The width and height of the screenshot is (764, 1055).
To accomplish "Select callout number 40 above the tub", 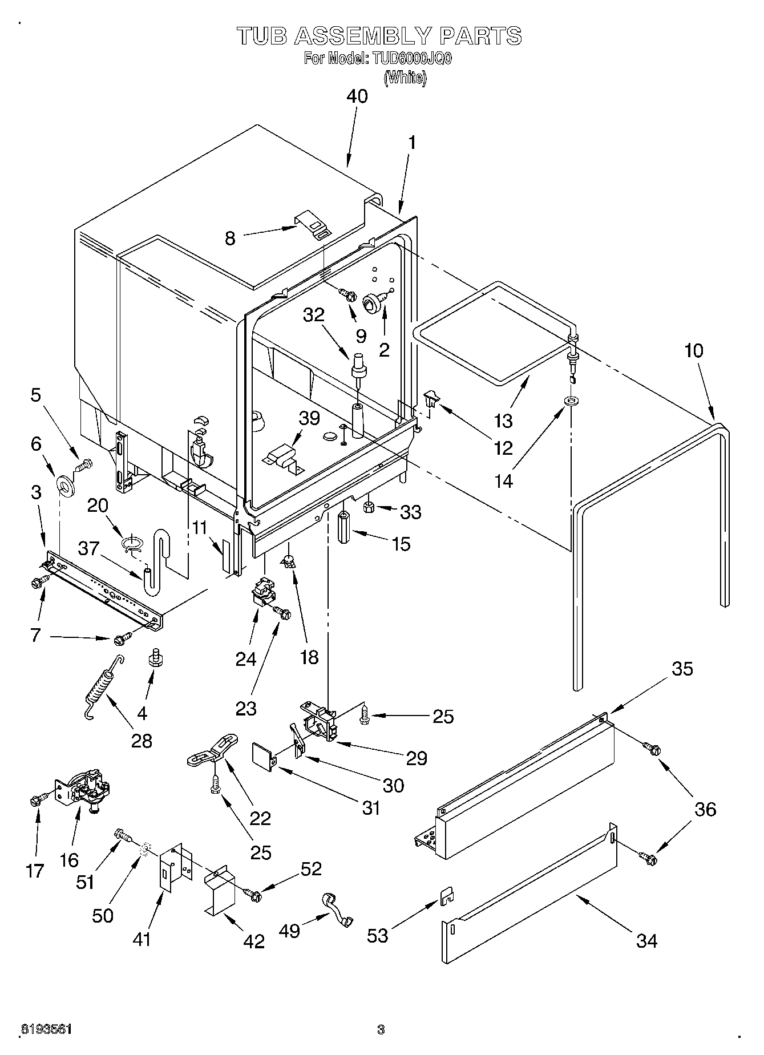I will click(x=357, y=96).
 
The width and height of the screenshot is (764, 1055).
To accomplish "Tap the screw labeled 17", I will click(x=37, y=801).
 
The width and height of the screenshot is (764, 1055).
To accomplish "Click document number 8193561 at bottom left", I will click(x=46, y=1029).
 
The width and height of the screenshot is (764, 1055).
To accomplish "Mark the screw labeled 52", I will click(x=253, y=895).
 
